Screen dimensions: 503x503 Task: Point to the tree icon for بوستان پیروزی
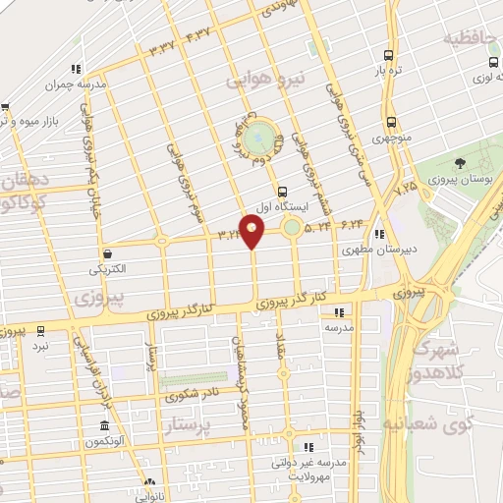pyautogui.click(x=460, y=163)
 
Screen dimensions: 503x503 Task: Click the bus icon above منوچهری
pyautogui.click(x=391, y=123)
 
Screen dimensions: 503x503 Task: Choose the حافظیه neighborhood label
pyautogui.click(x=473, y=39)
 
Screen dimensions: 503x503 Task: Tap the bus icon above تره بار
pyautogui.click(x=390, y=56)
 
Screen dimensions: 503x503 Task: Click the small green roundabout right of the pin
pyautogui.click(x=293, y=229)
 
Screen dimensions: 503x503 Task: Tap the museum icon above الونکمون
pyautogui.click(x=104, y=427)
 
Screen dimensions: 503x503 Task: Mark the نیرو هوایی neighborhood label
pyautogui.click(x=269, y=77)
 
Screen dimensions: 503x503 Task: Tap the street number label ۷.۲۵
pyautogui.click(x=405, y=186)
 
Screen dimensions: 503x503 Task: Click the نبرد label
pyautogui.click(x=40, y=346)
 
